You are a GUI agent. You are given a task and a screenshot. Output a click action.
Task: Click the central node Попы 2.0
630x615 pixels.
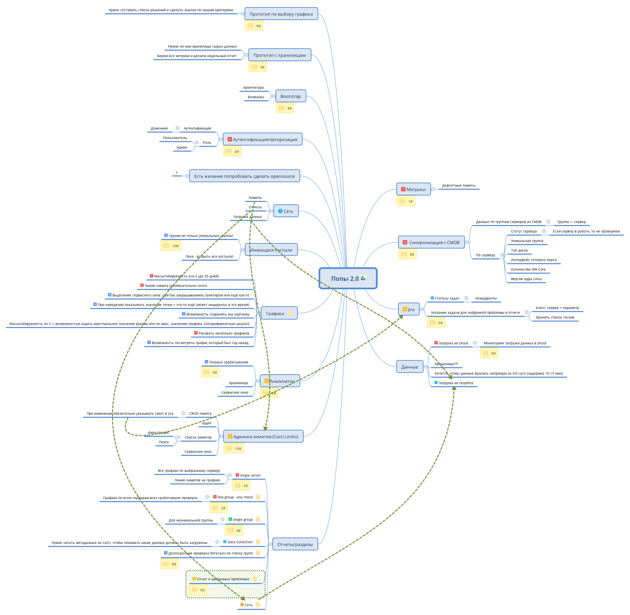345,278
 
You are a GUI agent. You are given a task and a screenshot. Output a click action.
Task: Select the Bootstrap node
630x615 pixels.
291,96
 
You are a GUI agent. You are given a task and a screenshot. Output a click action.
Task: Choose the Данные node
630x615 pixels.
410,367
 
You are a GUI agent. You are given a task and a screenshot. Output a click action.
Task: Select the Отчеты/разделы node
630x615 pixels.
295,544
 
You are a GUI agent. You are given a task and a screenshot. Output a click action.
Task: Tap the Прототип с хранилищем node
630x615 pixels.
279,55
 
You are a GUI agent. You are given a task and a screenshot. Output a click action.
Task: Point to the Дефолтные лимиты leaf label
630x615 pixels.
458,186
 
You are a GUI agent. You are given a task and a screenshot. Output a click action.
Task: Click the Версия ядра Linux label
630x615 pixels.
526,279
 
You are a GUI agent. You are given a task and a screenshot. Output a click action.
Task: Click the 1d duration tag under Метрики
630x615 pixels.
406,201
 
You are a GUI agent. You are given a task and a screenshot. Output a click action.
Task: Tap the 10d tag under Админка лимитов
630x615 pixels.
234,448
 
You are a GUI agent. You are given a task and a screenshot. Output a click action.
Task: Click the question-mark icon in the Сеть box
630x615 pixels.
280,211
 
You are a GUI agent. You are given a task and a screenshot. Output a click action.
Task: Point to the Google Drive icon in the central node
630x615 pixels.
363,278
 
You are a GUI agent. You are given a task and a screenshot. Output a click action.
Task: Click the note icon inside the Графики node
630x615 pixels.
290,313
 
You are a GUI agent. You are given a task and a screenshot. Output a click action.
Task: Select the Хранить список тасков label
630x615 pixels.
555,318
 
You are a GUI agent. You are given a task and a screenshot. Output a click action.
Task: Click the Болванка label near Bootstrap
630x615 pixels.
256,97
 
